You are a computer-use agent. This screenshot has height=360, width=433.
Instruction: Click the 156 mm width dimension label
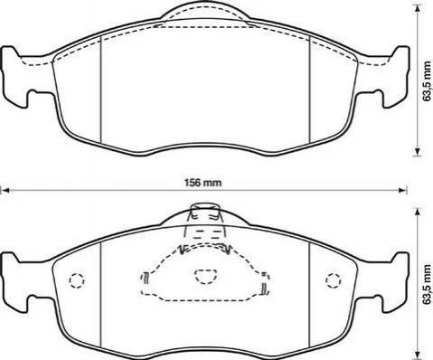coord(202,183)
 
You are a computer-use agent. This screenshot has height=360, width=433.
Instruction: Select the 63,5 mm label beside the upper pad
coord(427,81)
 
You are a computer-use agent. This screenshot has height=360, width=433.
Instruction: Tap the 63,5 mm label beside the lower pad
coord(427,284)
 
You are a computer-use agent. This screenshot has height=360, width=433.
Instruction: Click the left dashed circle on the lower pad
coord(77,280)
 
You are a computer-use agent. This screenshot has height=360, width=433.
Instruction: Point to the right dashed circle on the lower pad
coord(334,280)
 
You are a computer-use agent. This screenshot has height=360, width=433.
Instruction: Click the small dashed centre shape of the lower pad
coord(205,277)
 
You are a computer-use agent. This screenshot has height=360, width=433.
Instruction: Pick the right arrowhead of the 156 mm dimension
coord(403,190)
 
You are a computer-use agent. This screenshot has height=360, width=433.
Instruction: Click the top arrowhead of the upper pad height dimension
coord(418,9)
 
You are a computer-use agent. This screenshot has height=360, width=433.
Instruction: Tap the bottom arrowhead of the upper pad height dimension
coord(418,152)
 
